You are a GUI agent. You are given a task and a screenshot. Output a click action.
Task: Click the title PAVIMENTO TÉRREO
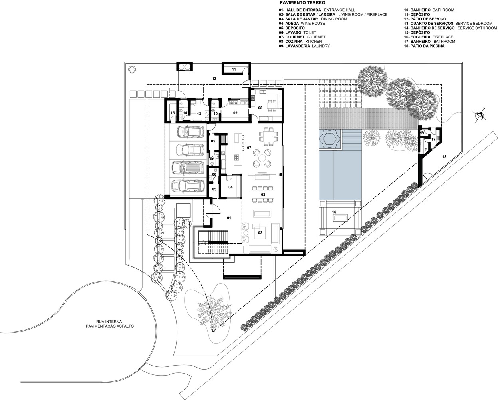click(302, 3)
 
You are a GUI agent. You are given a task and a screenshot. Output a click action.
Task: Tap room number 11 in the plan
click(234, 69)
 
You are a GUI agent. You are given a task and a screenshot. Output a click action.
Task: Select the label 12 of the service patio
click(214, 78)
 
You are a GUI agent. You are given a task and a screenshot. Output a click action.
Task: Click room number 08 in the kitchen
click(260, 108)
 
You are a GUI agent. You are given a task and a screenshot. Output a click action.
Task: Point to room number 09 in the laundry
click(235, 113)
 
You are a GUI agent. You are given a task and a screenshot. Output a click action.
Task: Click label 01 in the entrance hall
click(229, 218)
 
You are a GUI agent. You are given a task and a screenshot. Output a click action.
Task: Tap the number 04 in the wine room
click(230, 187)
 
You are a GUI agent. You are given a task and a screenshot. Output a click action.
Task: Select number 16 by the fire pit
click(334, 212)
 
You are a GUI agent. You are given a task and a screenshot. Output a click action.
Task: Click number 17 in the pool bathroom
click(433, 140)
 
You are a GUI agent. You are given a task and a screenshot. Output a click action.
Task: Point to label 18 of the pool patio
click(444, 157)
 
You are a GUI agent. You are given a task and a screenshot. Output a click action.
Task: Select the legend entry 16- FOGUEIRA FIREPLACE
click(429, 37)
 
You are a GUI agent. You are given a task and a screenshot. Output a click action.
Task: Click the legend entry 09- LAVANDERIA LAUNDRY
click(304, 46)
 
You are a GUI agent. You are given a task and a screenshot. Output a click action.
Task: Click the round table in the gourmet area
click(262, 158)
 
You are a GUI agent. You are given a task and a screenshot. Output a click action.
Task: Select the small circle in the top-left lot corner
click(132, 69)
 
